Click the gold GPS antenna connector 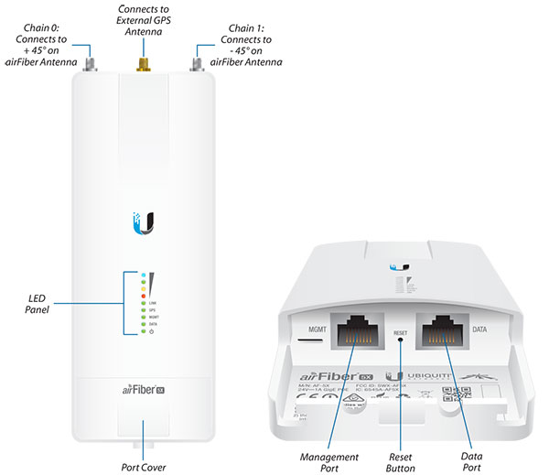(x=144, y=63)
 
